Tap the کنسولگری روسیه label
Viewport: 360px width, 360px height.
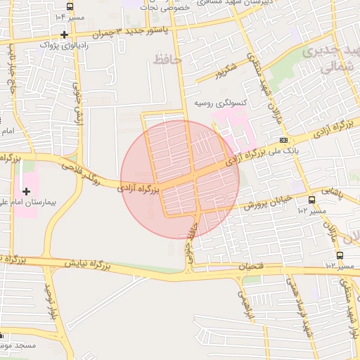point(220,103)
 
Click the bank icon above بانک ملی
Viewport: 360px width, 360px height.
point(283,140)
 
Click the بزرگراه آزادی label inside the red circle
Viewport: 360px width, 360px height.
point(138,189)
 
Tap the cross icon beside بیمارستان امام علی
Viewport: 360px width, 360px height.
point(27,191)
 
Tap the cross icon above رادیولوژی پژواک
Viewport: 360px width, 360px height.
point(65,34)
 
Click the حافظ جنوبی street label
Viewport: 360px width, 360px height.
point(189,238)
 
